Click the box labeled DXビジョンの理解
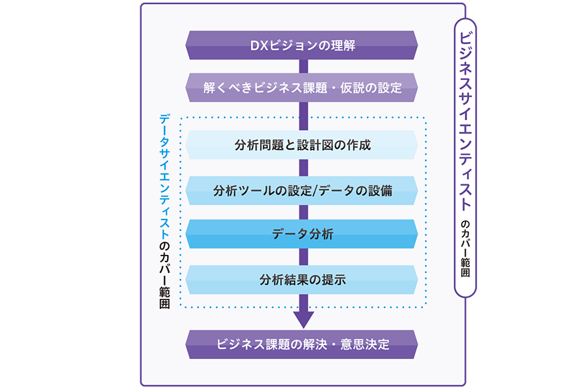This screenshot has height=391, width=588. (x=302, y=45)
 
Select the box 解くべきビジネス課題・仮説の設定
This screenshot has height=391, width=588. (x=302, y=87)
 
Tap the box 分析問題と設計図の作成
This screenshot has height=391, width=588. (x=302, y=145)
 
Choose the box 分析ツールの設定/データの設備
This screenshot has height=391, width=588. (x=302, y=191)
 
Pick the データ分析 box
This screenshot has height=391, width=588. (x=302, y=234)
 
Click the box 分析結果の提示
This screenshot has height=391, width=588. (x=302, y=280)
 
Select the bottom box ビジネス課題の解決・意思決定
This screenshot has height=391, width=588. (x=302, y=344)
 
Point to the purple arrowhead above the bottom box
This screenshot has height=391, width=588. (x=303, y=319)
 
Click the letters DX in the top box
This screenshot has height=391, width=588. (x=257, y=46)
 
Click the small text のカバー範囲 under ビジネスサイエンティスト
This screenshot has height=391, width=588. (x=466, y=247)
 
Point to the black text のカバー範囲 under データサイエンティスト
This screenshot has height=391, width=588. (x=164, y=274)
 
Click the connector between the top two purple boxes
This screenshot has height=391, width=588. (x=303, y=66)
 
